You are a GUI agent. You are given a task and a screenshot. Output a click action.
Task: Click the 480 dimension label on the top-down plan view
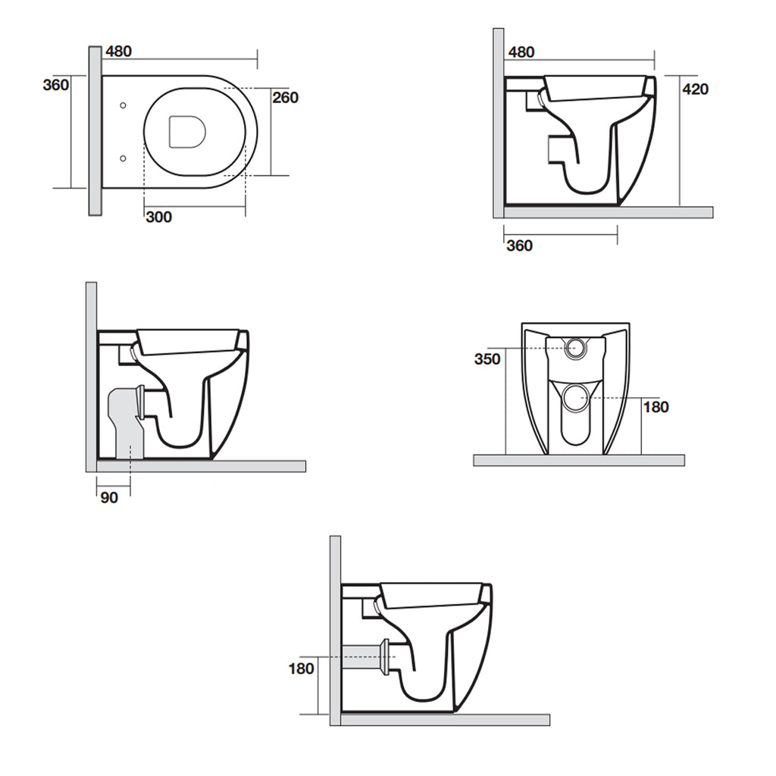119,52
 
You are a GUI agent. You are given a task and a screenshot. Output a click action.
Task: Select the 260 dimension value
286,97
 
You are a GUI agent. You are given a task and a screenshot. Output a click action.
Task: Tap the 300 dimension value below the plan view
158,217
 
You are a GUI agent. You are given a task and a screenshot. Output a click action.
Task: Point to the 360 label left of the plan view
56,85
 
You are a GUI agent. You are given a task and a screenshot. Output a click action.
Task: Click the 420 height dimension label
696,89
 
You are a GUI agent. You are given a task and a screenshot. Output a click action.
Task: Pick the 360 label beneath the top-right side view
519,246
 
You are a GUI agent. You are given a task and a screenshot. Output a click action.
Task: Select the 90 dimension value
111,497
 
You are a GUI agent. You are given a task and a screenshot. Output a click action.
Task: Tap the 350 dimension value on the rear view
488,359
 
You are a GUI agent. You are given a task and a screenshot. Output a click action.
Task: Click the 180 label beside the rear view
656,407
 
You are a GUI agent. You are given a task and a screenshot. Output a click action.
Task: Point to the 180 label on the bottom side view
301,668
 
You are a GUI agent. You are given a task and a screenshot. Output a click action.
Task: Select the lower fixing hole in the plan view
123,158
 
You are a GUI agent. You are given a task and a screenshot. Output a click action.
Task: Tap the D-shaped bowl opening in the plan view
187,131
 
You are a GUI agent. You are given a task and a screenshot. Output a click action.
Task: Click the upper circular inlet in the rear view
576,348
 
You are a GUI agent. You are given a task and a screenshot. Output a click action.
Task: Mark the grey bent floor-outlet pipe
124,421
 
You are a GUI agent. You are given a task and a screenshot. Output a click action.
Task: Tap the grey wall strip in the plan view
94,130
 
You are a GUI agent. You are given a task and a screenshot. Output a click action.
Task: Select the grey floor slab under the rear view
579,460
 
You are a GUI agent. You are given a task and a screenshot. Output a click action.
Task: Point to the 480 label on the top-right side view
521,52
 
